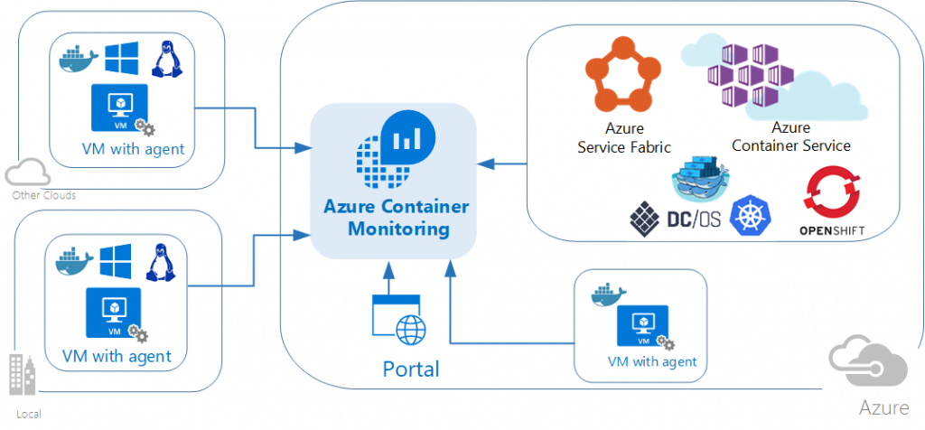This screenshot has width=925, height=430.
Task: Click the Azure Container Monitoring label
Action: (396, 218)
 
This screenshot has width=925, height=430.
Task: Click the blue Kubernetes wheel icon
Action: (750, 215)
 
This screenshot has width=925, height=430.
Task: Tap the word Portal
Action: (411, 369)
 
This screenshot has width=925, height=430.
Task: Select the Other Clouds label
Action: (43, 195)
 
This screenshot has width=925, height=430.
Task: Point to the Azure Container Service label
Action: (791, 137)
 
